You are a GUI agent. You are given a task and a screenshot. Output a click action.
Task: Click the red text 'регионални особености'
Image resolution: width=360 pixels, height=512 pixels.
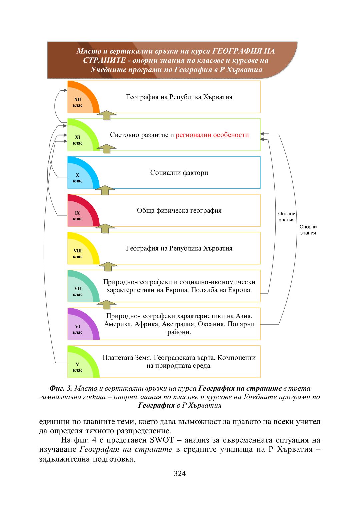[212, 135]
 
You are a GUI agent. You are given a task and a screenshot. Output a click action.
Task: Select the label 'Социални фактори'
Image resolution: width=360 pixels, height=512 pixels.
[179, 173]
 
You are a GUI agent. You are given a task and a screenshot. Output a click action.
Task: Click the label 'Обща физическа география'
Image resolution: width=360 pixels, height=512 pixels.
[179, 211]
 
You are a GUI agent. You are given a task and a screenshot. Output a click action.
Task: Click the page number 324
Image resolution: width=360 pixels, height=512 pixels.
[180, 473]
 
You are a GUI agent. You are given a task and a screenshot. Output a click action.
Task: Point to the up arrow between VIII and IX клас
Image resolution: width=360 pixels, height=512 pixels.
[105, 228]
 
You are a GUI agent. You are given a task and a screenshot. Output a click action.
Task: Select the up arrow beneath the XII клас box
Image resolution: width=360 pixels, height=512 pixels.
[106, 115]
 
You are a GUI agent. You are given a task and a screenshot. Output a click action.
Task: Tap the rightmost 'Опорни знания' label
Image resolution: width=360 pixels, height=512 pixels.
[308, 230]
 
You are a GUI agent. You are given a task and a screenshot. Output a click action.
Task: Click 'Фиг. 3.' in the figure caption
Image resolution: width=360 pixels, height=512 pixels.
[61, 388]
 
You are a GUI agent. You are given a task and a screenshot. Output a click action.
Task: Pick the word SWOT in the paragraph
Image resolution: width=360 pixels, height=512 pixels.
[162, 440]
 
